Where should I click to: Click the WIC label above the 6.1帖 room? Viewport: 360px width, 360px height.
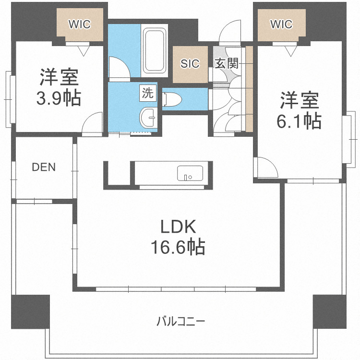point(281,24)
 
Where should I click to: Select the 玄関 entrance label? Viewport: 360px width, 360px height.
point(226,63)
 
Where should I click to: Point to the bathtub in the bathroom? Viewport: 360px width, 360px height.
point(154,49)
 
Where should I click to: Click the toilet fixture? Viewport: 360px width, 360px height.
point(172,99)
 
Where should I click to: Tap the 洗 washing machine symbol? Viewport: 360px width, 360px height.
point(148,93)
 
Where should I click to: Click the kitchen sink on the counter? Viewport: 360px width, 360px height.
point(190,173)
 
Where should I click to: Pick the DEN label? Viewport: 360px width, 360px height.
point(44,168)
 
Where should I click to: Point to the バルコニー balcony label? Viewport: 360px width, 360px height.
point(181,320)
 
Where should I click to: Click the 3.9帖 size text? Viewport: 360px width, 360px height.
point(59,98)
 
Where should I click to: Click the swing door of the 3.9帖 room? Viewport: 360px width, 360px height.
point(93,123)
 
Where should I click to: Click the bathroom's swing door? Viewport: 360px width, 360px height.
point(118,67)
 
